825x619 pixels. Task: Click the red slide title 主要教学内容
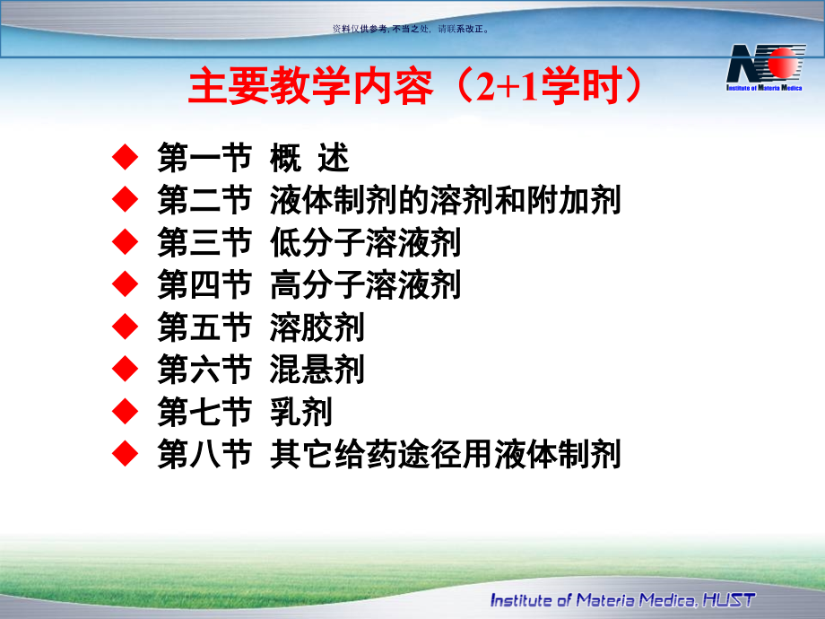[x=310, y=85]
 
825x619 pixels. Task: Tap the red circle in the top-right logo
[x=783, y=63]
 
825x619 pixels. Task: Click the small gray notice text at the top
[x=411, y=29]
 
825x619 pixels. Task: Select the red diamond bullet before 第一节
[x=126, y=157]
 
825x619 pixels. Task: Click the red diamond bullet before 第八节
[x=126, y=454]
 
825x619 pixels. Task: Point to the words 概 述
[x=309, y=157]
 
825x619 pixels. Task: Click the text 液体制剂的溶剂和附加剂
[x=445, y=200]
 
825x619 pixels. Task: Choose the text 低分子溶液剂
[x=365, y=242]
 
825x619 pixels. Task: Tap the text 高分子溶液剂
[x=365, y=284]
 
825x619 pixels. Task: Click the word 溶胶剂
[x=317, y=327]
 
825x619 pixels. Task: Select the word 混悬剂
[x=317, y=370]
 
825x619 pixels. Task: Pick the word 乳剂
[x=301, y=412]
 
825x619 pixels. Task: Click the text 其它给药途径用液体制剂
[x=445, y=454]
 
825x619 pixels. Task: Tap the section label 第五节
[x=204, y=327]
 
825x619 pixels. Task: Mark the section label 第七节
[x=204, y=412]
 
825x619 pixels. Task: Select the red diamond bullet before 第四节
[x=126, y=284]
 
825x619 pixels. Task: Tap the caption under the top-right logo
[x=764, y=88]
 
